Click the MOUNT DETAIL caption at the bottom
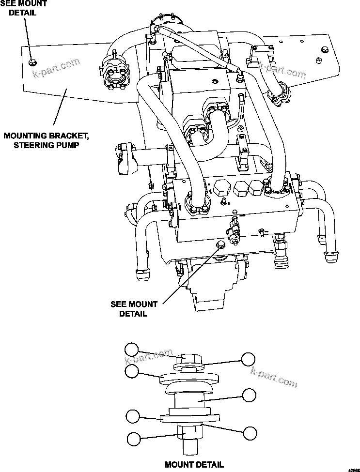point(194,465)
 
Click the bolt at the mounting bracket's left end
point(32,62)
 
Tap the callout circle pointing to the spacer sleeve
point(249,395)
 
